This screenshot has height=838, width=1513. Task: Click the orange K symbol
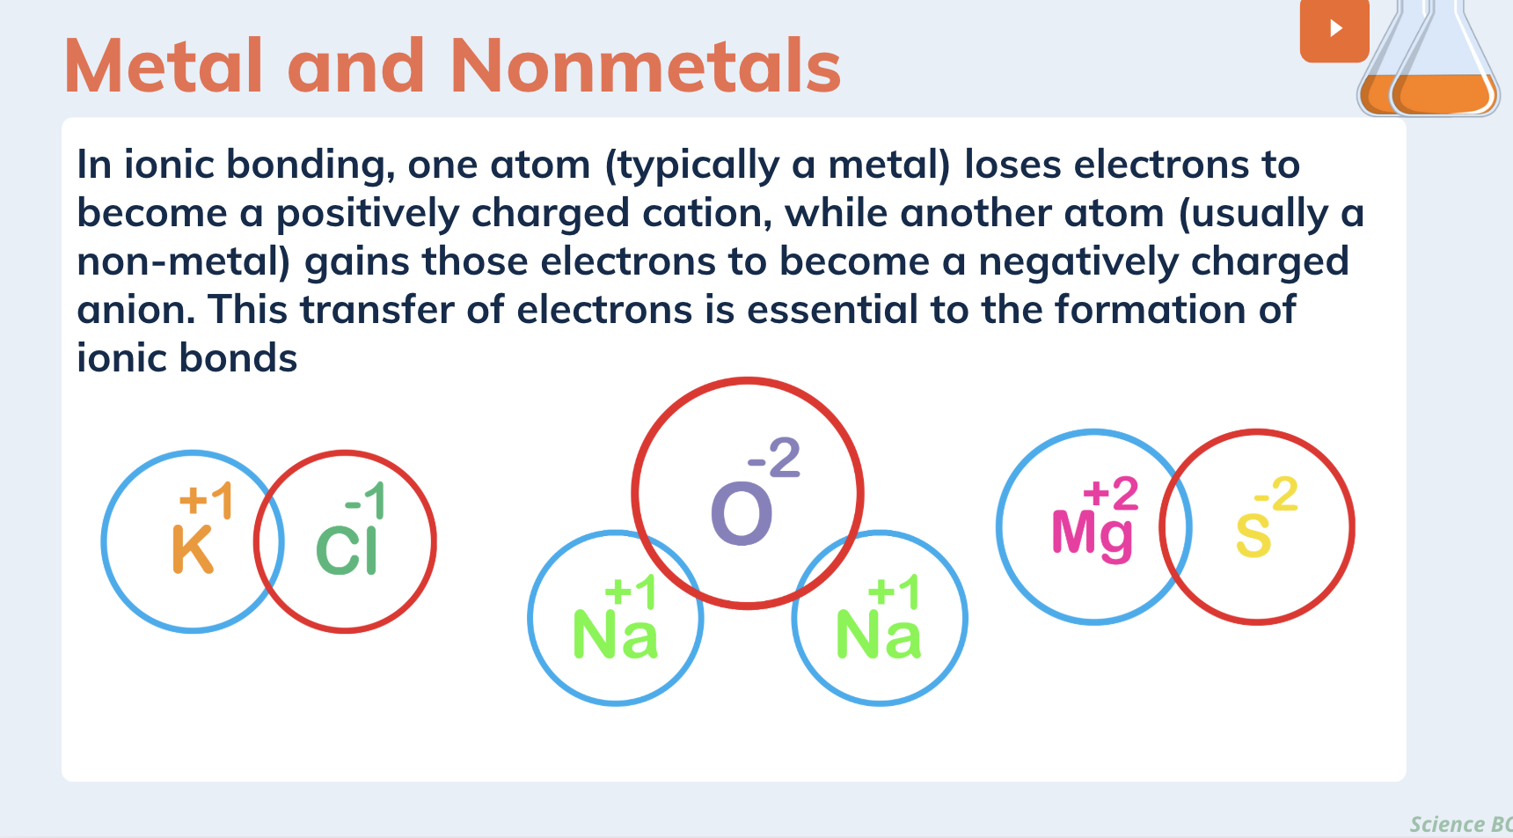[x=193, y=549]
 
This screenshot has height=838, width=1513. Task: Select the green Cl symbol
[x=347, y=551]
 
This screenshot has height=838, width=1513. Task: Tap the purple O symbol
[x=742, y=514]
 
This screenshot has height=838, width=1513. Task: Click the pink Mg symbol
[x=1092, y=533]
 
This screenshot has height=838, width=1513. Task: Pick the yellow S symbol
[x=1253, y=535]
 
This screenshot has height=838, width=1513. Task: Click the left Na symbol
[x=615, y=636]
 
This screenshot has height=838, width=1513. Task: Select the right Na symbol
[x=878, y=636]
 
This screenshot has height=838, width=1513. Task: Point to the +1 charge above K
[x=206, y=500]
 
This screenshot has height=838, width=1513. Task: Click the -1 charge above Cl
[x=365, y=501]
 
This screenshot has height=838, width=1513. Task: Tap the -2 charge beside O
[x=774, y=458]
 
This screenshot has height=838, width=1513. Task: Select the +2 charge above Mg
[x=1110, y=494]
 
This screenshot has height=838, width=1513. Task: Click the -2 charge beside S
[x=1276, y=494]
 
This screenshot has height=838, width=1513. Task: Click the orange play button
[x=1334, y=29]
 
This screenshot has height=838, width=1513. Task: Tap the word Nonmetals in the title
[x=646, y=67]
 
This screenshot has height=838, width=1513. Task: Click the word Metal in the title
[x=164, y=67]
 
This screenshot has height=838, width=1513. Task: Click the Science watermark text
[x=1447, y=824]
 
